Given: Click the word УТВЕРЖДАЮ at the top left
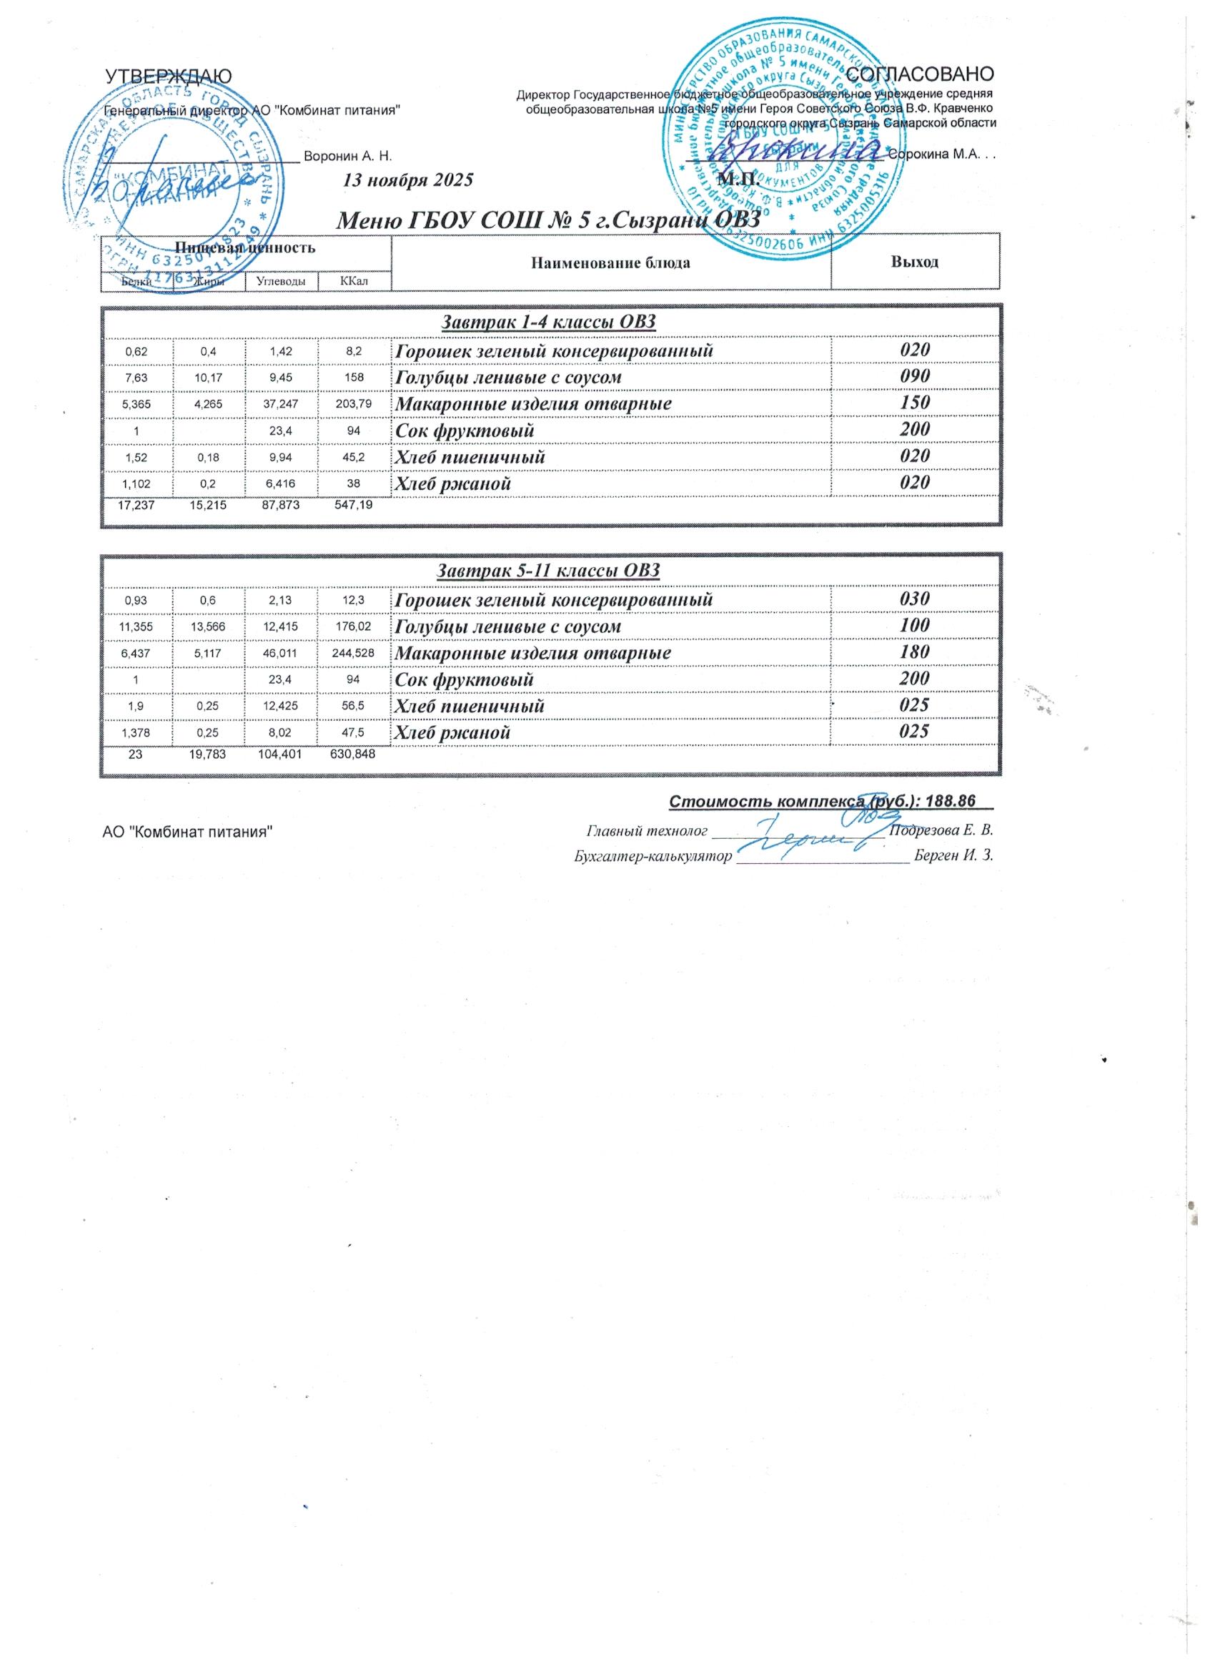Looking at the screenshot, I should [169, 76].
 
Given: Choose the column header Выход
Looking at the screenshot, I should [914, 262].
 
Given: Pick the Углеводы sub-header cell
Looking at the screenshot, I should [282, 281].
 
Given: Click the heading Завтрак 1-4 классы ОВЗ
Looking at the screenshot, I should [548, 322].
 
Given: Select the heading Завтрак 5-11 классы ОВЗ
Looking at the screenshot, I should [548, 571].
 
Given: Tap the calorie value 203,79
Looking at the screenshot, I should [354, 404].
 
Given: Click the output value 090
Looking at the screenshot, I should [914, 376].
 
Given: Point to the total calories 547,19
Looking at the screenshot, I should [354, 506].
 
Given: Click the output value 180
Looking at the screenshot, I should [914, 651].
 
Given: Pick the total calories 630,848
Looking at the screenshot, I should [354, 754].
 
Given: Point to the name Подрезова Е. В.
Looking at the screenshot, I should [942, 830].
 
